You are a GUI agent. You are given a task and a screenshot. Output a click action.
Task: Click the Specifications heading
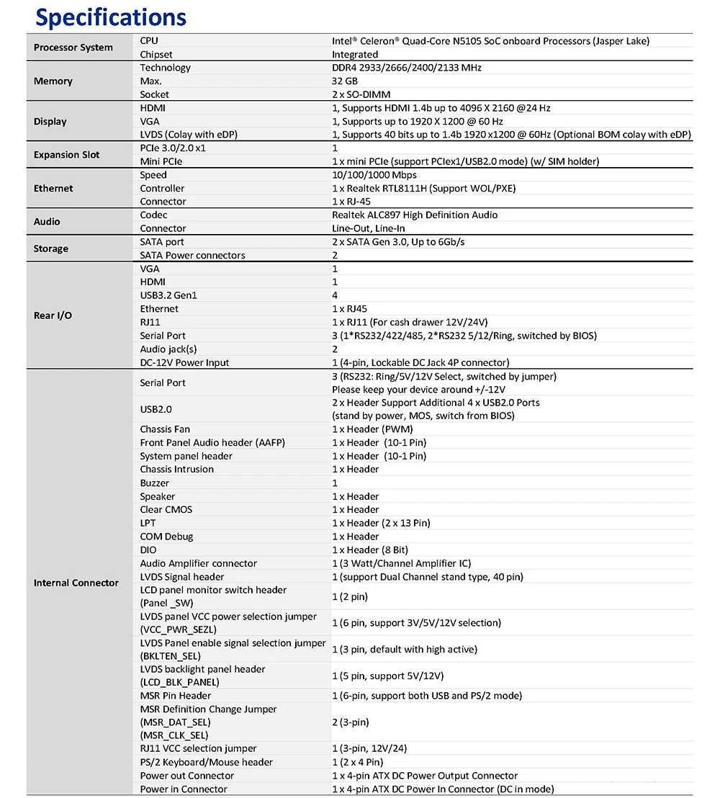coord(111,17)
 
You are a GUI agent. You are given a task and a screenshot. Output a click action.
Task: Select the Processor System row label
coord(73,48)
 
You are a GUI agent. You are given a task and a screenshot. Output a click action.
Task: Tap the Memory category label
coord(53,81)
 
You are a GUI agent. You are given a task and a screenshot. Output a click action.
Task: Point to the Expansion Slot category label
coord(67,155)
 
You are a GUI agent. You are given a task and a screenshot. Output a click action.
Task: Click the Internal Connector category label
coord(76,583)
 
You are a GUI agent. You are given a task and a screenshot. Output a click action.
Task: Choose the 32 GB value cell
coord(345,81)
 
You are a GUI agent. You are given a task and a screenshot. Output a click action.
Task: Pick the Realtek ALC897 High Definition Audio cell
coord(415,215)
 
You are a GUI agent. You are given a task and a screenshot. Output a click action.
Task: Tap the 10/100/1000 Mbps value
coord(374,175)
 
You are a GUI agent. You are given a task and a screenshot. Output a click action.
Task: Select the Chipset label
coord(156,54)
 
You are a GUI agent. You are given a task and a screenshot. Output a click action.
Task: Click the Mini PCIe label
coord(161,161)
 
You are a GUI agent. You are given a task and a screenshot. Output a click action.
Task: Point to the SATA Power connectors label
coord(193,255)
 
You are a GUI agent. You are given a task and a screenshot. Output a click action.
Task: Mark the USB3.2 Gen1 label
coord(168,295)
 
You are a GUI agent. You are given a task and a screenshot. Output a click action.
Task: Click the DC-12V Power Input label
coord(185,362)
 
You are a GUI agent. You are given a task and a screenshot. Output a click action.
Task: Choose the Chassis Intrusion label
coord(177,469)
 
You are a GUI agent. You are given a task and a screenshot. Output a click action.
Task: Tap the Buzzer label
coord(155,483)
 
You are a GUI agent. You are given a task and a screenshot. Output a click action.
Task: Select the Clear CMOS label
coord(166,509)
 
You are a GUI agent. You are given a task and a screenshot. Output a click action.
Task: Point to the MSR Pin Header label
coord(176,696)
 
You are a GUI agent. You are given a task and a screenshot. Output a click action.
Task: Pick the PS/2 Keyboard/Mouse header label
coord(207,762)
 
